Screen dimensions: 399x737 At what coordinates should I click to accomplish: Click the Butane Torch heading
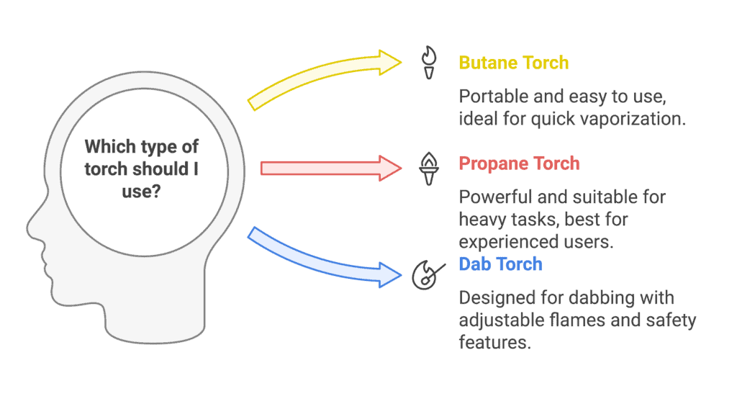click(x=513, y=63)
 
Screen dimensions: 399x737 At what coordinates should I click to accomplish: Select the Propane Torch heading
click(x=519, y=163)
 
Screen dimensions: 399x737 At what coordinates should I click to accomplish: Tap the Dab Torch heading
click(x=500, y=264)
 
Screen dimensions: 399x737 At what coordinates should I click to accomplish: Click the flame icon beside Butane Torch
click(x=428, y=63)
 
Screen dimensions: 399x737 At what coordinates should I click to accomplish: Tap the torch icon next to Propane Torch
click(x=428, y=168)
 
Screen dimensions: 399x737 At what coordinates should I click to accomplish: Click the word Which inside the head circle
click(x=107, y=147)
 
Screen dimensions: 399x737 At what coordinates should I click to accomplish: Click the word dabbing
click(x=585, y=297)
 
